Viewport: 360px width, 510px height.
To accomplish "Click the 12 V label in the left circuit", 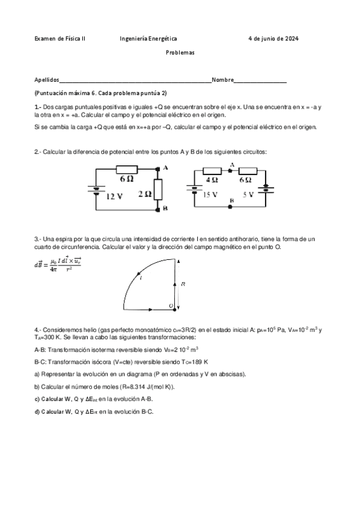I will point(115,196).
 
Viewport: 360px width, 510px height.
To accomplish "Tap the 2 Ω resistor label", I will point(144,194).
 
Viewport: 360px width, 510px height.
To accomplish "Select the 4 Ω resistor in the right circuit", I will point(212,171).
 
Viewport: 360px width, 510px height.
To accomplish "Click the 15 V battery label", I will point(210,195).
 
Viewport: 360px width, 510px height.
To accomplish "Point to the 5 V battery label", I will point(248,195).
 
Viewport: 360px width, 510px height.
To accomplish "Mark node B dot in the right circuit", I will point(231,206).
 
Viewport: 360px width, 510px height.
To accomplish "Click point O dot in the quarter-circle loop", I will point(175,307).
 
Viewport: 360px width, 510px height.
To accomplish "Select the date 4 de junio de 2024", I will point(273,38).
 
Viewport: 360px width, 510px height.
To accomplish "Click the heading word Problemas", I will point(180,53).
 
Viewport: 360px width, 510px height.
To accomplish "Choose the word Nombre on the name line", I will point(222,79).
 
